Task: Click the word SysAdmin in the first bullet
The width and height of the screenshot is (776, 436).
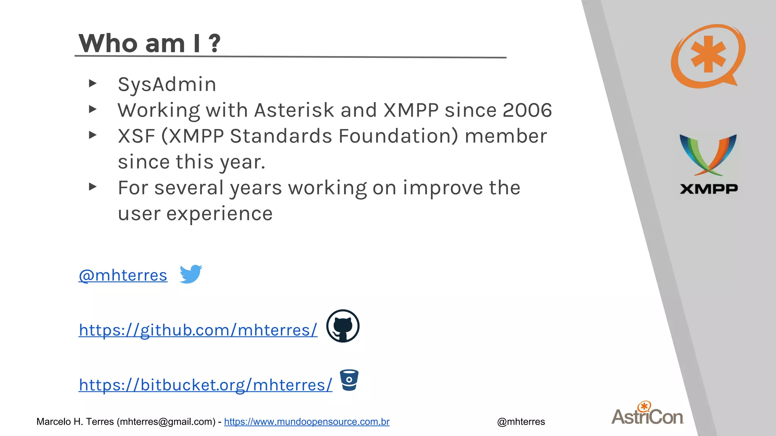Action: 167,84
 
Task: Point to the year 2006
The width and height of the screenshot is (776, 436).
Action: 527,110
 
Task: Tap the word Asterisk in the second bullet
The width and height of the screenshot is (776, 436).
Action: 294,110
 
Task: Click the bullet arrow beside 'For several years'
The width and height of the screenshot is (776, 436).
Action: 92,187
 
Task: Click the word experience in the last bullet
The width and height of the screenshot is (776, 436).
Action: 219,213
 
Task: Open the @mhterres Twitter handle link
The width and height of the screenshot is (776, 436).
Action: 123,275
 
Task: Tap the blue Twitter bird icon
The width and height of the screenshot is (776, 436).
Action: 191,274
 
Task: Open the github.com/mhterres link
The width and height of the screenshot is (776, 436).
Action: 198,330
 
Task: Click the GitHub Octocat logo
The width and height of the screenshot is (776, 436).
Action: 343,326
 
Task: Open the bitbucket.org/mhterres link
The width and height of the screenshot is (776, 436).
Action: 205,385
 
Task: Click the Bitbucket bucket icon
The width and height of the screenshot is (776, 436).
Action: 349,380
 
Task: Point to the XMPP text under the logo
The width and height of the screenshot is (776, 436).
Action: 709,189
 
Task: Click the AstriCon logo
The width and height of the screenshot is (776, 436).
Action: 648,414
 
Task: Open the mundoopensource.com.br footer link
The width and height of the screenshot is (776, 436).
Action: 307,422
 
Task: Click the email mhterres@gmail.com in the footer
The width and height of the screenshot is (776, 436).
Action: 166,422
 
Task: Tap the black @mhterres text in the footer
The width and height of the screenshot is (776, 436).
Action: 521,422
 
